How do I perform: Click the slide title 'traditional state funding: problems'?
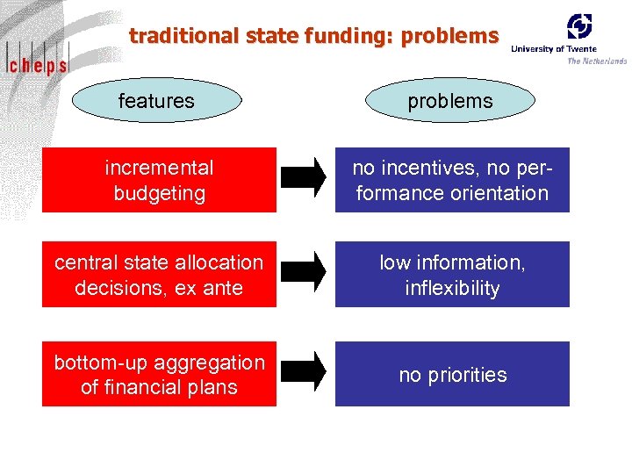pyautogui.click(x=313, y=36)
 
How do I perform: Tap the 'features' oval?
pyautogui.click(x=156, y=101)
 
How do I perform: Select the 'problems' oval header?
pyautogui.click(x=449, y=101)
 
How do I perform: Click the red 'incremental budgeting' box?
pyautogui.click(x=159, y=180)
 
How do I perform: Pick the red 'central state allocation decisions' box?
pyautogui.click(x=159, y=275)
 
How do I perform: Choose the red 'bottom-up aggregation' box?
pyautogui.click(x=159, y=374)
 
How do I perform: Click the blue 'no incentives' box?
pyautogui.click(x=452, y=180)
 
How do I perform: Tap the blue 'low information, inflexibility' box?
pyautogui.click(x=452, y=275)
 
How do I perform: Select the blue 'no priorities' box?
pyautogui.click(x=452, y=374)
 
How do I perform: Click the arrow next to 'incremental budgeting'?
pyautogui.click(x=304, y=178)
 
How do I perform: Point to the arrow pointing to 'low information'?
pyautogui.click(x=304, y=272)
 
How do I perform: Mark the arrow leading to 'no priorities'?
pyautogui.click(x=304, y=372)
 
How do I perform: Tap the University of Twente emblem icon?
pyautogui.click(x=579, y=25)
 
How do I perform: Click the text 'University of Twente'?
pyautogui.click(x=554, y=49)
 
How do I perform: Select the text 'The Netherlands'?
pyautogui.click(x=597, y=61)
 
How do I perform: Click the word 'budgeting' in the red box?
pyautogui.click(x=159, y=193)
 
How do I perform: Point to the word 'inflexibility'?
pyautogui.click(x=452, y=288)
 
